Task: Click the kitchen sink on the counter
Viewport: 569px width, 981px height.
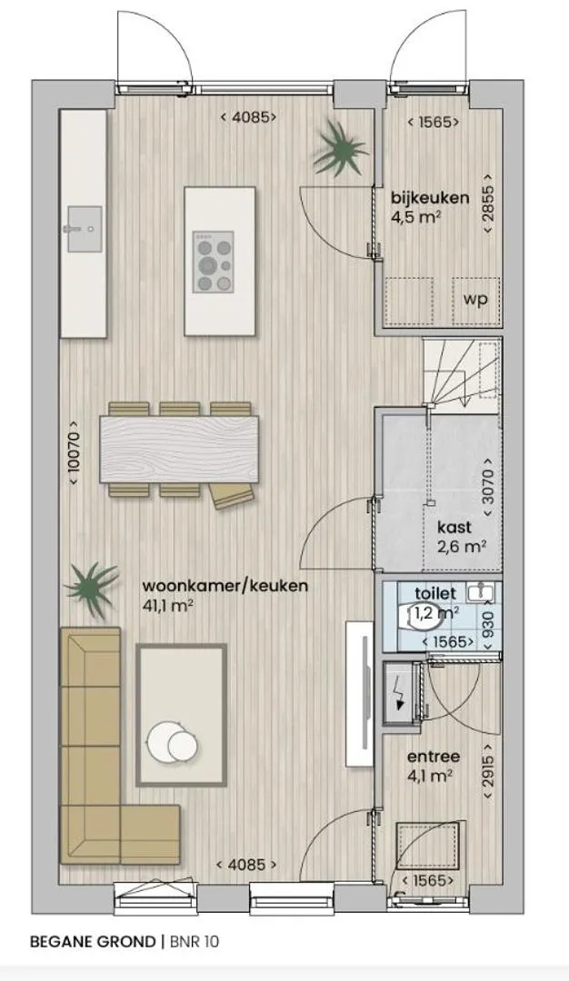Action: tap(83, 229)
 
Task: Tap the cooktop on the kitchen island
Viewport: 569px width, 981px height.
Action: tap(214, 262)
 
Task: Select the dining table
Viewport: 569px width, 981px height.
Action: tap(180, 450)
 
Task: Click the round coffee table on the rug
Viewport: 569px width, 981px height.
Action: tap(171, 742)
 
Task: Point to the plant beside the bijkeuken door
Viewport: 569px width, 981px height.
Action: tap(340, 150)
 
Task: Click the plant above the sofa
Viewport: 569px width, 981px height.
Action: tap(92, 590)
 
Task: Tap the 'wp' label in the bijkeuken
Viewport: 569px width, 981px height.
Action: tap(475, 299)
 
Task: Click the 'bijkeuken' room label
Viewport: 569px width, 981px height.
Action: tap(430, 198)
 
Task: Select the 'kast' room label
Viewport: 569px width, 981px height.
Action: tap(455, 528)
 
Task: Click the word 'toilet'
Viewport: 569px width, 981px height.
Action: tap(435, 592)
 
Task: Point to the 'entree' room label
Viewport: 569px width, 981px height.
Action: tap(434, 757)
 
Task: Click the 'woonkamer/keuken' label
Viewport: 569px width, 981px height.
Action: tap(225, 586)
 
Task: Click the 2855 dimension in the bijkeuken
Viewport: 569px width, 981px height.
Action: tap(489, 204)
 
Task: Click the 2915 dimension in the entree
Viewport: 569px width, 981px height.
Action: tap(489, 769)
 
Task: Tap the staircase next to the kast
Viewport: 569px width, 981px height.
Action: tap(462, 375)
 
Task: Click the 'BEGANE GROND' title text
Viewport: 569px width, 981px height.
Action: tap(92, 941)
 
